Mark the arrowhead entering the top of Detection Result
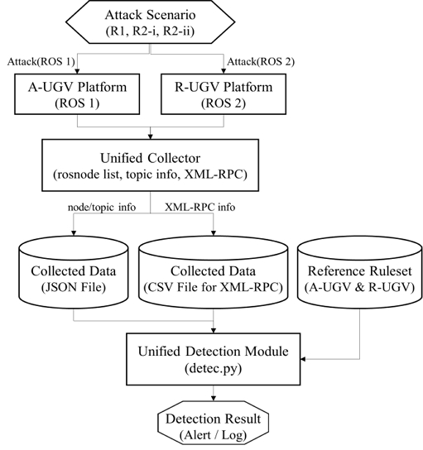(214, 402)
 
